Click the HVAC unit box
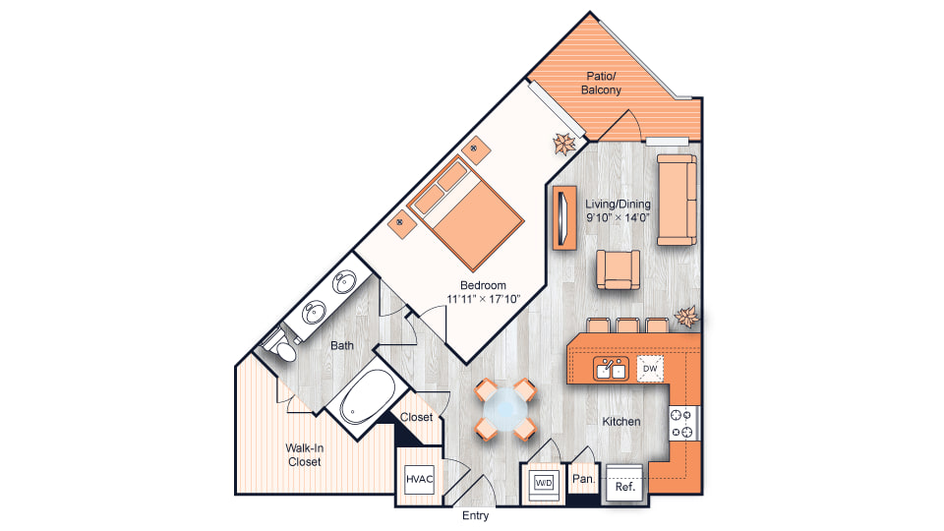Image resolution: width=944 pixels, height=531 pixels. (419, 479)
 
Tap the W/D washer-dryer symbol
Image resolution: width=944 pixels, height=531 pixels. (544, 482)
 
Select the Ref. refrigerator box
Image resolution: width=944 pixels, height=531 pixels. (624, 484)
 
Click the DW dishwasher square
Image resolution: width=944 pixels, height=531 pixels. (650, 369)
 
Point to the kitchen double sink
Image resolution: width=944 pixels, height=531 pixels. (611, 368)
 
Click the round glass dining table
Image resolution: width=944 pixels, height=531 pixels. (504, 409)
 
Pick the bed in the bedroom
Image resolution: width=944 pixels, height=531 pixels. (465, 211)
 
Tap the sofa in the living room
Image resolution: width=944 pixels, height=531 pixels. (677, 200)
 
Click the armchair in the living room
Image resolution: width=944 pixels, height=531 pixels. (618, 269)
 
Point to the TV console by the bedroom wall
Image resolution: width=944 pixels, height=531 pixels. (564, 217)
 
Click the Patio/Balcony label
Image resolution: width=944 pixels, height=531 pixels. (601, 83)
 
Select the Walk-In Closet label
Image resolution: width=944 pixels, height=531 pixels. (305, 455)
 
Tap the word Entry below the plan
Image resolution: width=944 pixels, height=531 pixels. (476, 516)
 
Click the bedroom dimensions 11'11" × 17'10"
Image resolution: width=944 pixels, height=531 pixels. (484, 299)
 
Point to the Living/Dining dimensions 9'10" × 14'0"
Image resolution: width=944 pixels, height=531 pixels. (618, 218)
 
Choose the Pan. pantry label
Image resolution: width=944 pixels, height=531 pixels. (583, 479)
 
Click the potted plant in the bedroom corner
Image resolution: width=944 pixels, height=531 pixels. (564, 144)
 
